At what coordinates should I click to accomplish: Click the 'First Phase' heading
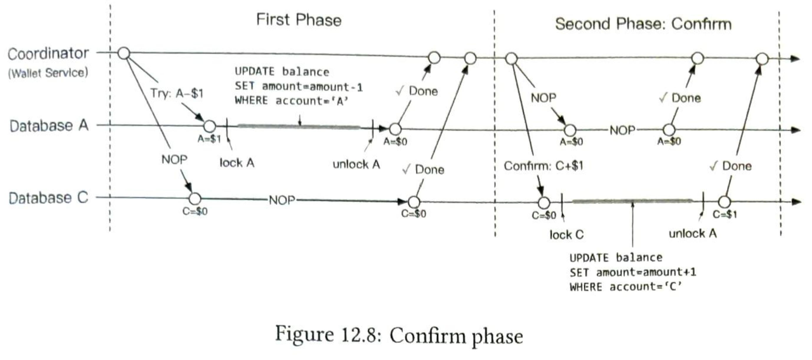[299, 19]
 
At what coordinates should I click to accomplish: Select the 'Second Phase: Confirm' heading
[643, 24]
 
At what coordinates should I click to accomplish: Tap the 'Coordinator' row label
[48, 54]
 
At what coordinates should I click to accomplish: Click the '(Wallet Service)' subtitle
[48, 73]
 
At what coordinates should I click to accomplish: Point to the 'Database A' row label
[49, 126]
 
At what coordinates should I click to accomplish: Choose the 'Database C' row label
[48, 198]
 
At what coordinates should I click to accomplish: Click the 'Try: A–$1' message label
[176, 93]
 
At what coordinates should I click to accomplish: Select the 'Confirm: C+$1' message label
[543, 166]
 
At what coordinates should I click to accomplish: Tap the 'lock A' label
[237, 163]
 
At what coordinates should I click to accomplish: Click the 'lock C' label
[567, 235]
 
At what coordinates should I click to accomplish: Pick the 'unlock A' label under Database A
[356, 164]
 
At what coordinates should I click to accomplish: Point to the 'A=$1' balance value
[209, 139]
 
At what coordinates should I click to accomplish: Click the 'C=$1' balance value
[725, 215]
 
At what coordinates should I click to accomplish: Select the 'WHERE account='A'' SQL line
[291, 101]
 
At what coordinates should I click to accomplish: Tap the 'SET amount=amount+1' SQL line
[633, 272]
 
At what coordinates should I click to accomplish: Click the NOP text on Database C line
[282, 200]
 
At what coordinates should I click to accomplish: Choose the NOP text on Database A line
[622, 130]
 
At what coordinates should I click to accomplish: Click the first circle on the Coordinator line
[124, 53]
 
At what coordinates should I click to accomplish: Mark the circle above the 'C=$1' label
[724, 202]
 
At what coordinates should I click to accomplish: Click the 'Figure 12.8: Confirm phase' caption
[399, 336]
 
